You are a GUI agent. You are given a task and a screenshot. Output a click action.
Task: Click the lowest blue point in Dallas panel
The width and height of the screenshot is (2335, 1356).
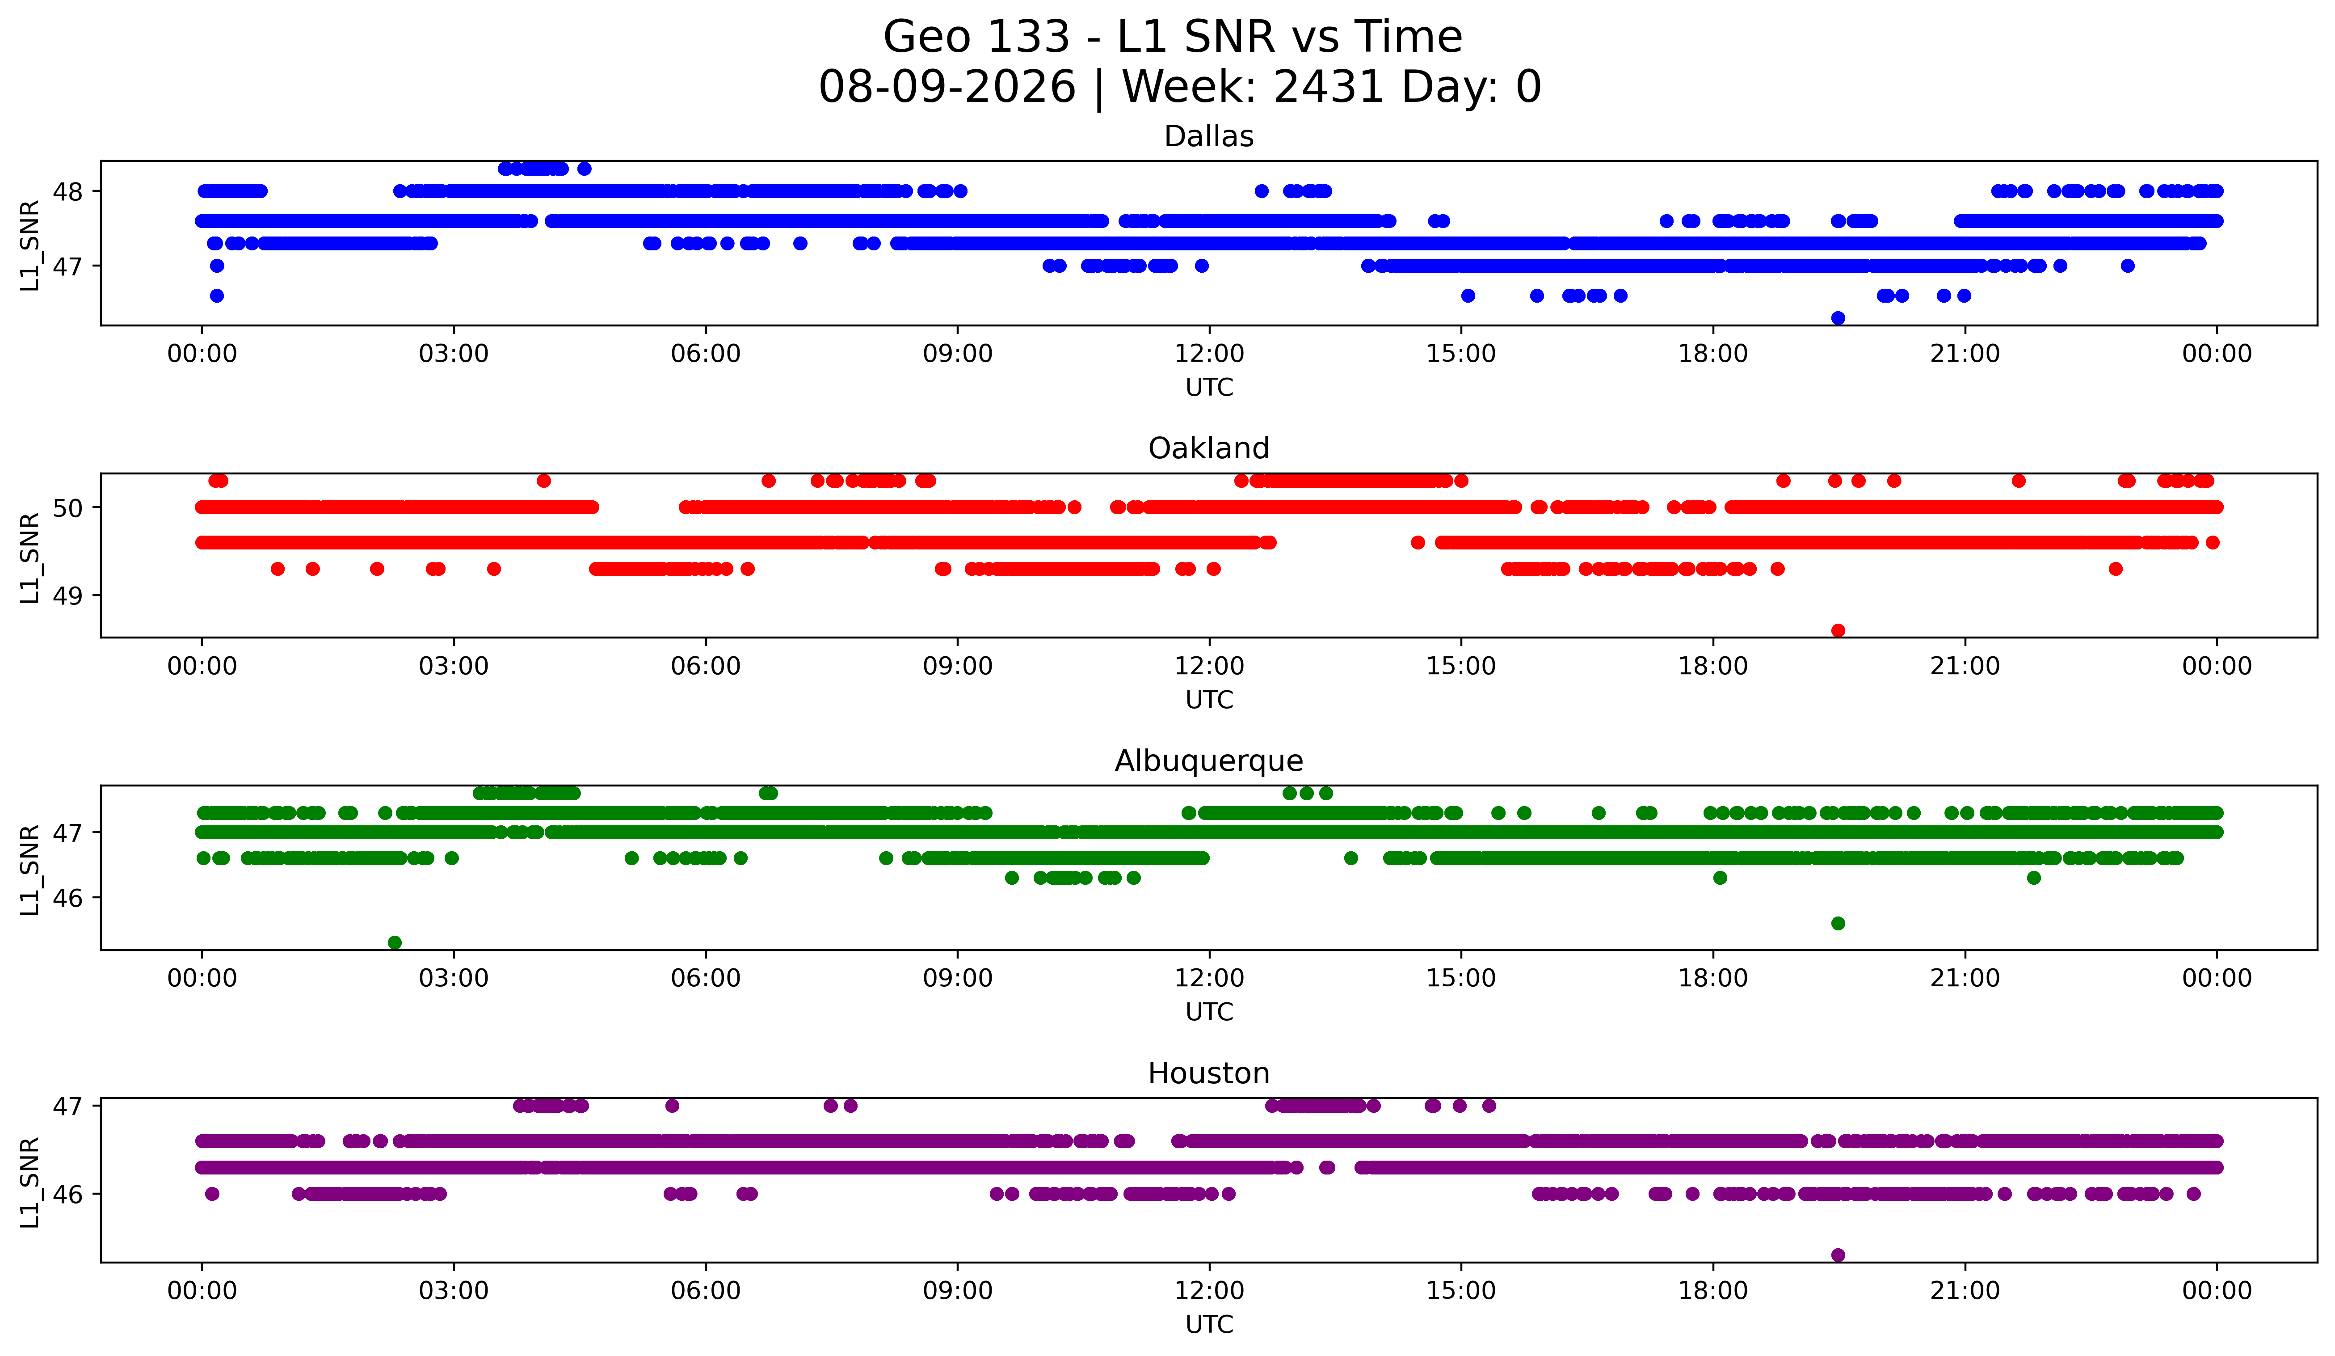(x=1839, y=318)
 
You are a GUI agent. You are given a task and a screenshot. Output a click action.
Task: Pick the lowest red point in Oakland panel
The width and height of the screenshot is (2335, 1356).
(x=1839, y=630)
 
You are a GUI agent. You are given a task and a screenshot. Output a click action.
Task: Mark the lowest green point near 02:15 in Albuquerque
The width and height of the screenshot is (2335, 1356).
(x=395, y=942)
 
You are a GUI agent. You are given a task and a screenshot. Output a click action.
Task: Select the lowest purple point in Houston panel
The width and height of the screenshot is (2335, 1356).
(x=1839, y=1255)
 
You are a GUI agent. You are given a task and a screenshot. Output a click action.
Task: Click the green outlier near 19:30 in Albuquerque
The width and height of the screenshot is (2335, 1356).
(x=1839, y=923)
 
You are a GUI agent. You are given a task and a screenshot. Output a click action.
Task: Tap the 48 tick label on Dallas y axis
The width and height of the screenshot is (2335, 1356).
(x=67, y=192)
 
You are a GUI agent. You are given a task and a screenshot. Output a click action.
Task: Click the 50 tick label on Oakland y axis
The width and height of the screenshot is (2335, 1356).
(x=67, y=508)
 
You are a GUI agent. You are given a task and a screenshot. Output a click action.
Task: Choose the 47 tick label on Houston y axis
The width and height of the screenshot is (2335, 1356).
(x=67, y=1106)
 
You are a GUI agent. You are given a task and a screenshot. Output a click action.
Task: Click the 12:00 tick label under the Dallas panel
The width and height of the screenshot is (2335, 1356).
(x=1209, y=354)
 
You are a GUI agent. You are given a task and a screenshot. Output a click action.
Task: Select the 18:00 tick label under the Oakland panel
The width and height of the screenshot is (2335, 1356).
(x=1713, y=667)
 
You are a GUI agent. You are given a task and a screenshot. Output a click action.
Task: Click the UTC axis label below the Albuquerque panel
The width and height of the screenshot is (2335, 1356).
(x=1209, y=1012)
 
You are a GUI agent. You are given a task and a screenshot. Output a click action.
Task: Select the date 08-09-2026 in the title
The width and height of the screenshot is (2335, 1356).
(x=947, y=87)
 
